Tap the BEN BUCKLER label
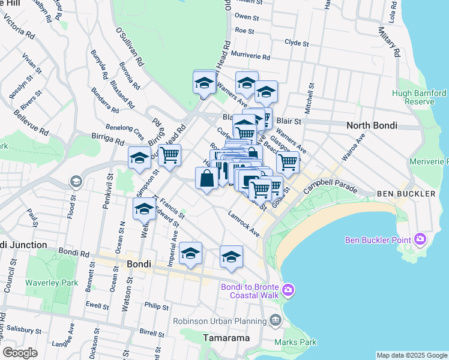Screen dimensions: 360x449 [406, 194]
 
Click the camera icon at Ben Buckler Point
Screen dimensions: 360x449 [419, 240]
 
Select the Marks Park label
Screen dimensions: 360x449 [295, 342]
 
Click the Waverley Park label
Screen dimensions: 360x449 [52, 283]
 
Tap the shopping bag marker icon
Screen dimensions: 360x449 [206, 178]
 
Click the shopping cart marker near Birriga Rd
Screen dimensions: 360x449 [170, 154]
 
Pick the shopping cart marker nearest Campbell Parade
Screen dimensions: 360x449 [288, 161]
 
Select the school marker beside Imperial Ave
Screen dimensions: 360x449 [190, 254]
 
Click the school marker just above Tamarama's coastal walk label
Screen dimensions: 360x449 [231, 257]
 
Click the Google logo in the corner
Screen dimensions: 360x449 [20, 353]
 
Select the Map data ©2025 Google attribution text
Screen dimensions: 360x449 [411, 355]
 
